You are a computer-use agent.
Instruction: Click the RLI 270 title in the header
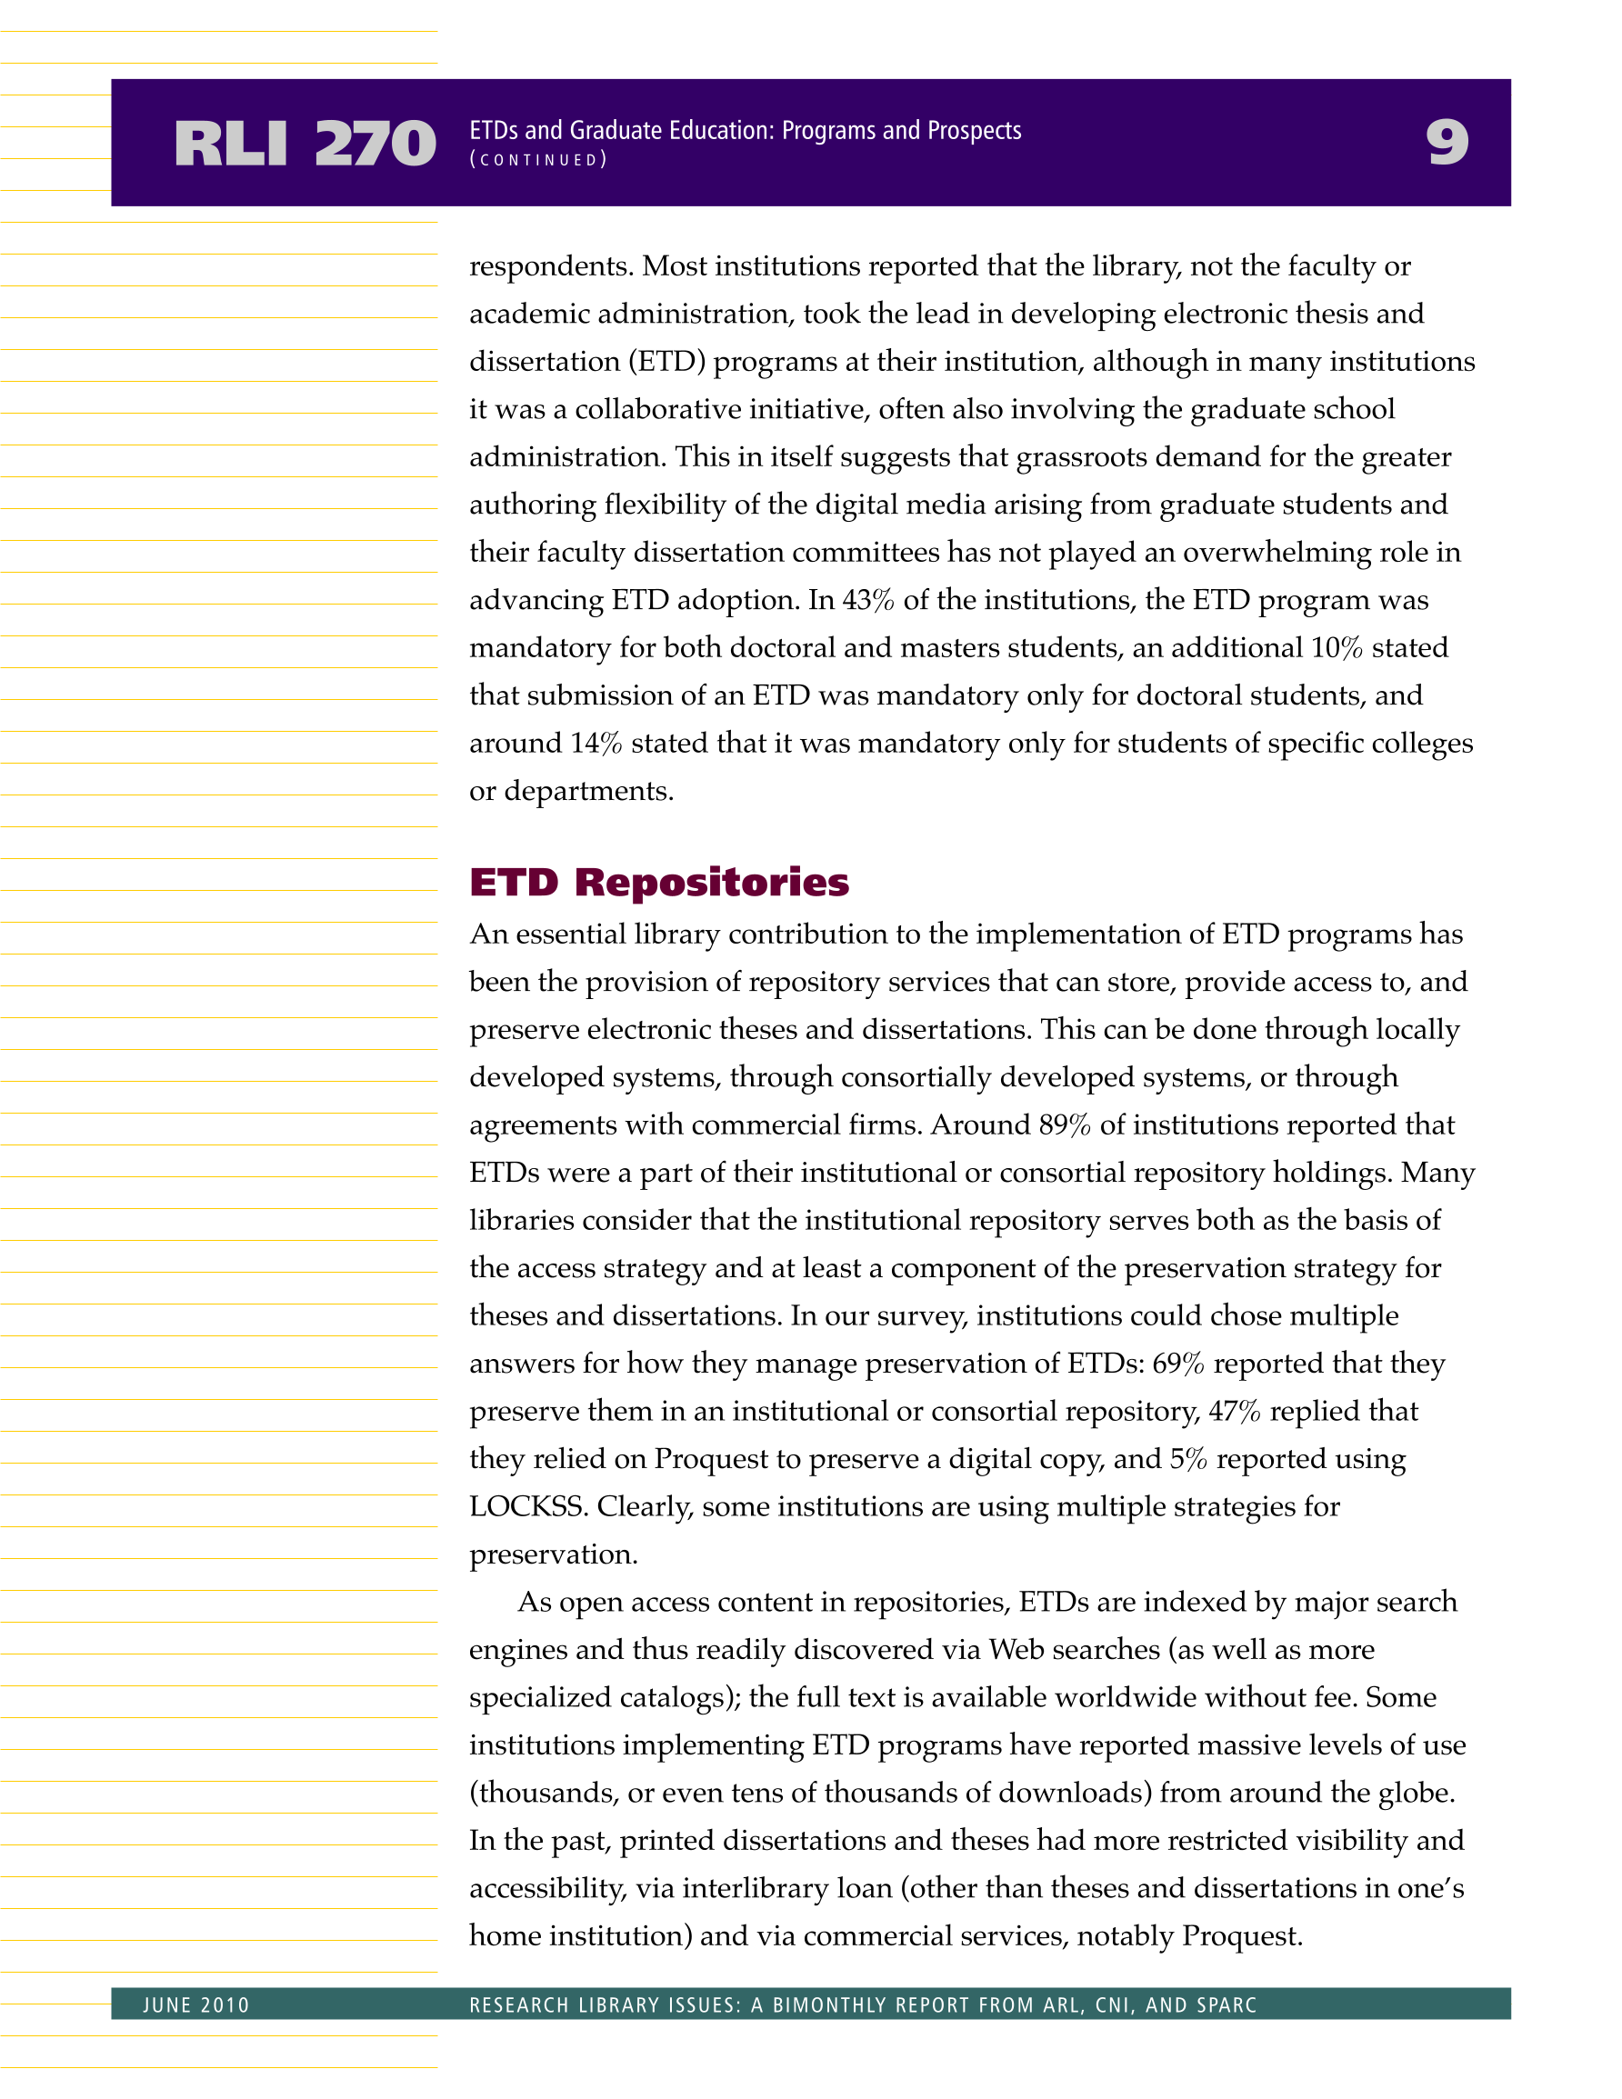coord(305,145)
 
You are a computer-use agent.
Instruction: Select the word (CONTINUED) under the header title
coord(537,161)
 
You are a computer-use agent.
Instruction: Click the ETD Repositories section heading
coord(658,883)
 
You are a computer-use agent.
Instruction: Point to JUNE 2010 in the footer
coord(196,2004)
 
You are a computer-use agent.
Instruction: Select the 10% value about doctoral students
coord(1337,648)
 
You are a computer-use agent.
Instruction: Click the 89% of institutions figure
coord(1065,1124)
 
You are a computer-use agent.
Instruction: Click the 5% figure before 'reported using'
coord(1187,1459)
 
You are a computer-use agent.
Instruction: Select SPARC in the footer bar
coord(1226,2004)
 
